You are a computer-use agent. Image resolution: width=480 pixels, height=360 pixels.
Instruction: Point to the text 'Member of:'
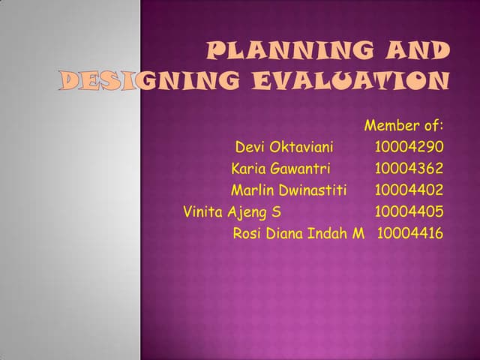click(x=403, y=124)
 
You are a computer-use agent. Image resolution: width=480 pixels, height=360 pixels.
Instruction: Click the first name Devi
click(x=251, y=146)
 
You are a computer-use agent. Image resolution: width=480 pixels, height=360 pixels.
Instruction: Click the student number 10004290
click(x=409, y=146)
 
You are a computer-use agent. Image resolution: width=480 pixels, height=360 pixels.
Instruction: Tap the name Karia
click(x=249, y=168)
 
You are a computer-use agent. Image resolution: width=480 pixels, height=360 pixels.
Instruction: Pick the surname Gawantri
click(x=301, y=168)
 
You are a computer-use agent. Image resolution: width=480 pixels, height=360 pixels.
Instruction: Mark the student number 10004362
click(x=409, y=168)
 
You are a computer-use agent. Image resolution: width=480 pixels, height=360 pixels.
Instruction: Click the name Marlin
click(x=250, y=190)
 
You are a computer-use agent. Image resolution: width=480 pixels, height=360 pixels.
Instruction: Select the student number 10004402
click(x=409, y=190)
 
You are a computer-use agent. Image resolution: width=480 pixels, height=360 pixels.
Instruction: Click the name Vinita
click(x=202, y=211)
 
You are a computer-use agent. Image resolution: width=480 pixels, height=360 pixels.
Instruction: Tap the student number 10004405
click(x=409, y=211)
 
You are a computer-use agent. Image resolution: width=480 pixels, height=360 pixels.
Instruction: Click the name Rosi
click(x=247, y=233)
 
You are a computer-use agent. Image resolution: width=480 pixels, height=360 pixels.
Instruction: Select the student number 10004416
click(x=410, y=233)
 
